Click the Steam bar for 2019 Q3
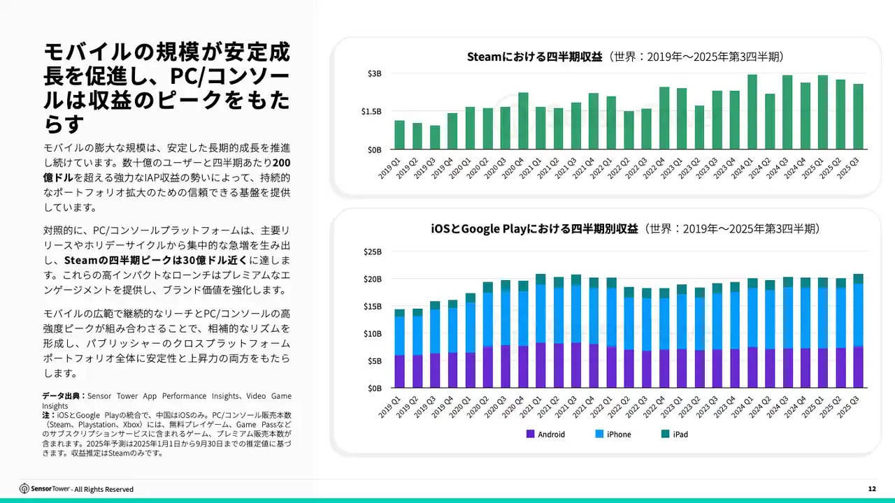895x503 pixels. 435,138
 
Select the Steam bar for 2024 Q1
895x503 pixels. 752,112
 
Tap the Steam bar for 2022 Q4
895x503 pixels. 664,118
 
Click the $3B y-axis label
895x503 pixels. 375,73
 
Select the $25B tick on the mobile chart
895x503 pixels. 373,251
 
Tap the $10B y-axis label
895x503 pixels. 373,333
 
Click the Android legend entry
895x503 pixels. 545,435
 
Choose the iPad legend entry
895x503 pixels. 675,435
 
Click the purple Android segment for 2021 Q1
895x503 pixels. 540,365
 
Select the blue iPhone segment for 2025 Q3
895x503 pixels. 858,314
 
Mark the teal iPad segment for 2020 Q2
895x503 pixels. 488,287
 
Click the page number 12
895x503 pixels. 871,489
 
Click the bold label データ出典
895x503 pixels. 63,396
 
